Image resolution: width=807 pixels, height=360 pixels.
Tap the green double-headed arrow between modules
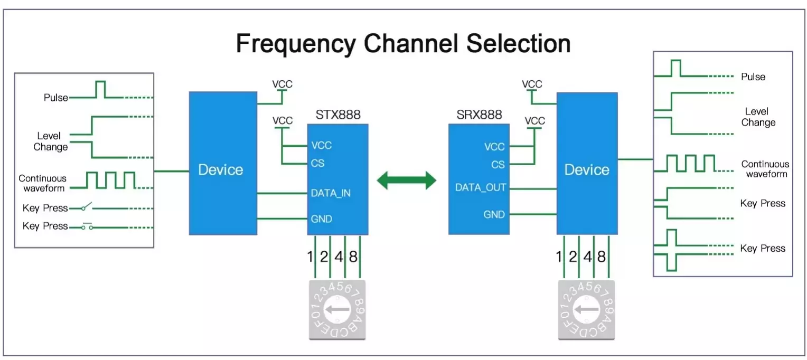point(406,181)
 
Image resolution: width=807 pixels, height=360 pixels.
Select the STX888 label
point(338,115)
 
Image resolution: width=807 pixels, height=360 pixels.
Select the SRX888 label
point(479,115)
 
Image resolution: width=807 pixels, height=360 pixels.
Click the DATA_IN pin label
point(331,193)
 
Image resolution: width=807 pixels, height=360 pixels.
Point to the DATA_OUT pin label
point(481,187)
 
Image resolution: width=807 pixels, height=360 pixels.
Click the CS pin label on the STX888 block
point(317,163)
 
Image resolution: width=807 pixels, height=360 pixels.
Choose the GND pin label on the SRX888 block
point(494,215)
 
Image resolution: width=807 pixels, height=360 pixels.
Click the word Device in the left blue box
point(221,170)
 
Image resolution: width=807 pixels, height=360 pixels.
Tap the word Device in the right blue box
point(587,170)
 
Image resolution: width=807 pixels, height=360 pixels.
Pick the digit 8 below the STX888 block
point(353,258)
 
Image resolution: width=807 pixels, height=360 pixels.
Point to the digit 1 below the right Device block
point(559,258)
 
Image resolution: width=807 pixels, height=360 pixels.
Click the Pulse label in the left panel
point(56,98)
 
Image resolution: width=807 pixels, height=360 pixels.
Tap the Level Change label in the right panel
point(758,117)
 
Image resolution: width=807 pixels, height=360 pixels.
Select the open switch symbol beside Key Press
point(87,206)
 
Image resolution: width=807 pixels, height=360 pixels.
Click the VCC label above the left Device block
point(282,84)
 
